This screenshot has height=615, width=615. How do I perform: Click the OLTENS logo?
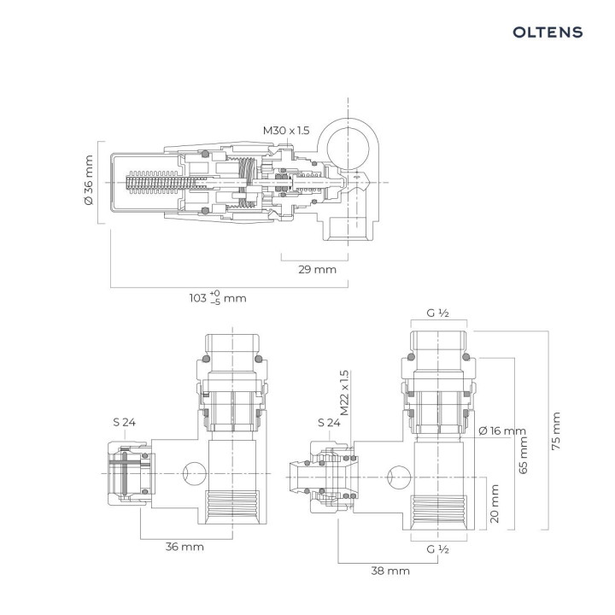548,32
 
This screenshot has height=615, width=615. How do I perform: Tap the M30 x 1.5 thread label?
287,131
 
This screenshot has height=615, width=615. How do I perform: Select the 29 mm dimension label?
316,269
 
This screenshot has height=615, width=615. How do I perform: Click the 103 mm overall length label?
217,298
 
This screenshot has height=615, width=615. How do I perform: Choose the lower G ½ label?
438,548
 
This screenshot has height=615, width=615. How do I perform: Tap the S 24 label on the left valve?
125,422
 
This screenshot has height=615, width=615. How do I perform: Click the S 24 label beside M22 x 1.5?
329,422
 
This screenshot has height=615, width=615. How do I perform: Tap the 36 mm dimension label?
184,547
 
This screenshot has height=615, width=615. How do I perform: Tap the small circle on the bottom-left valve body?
193,471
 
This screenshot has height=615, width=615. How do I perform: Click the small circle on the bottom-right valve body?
397,472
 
